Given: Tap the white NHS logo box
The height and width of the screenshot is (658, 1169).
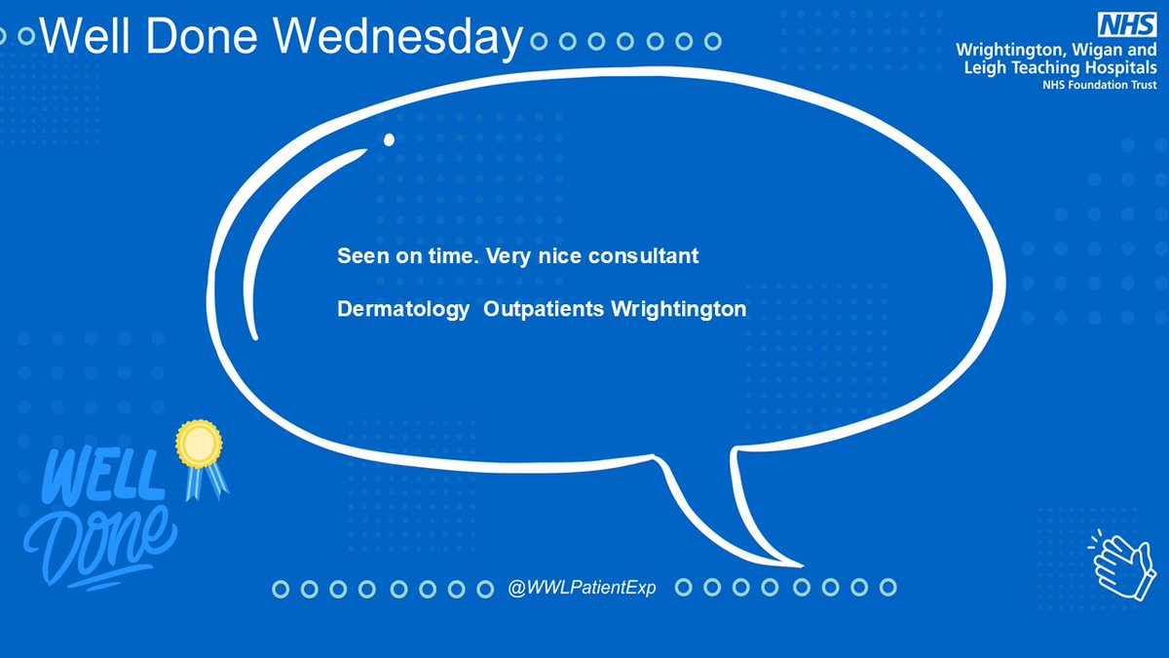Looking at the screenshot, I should click(1126, 24).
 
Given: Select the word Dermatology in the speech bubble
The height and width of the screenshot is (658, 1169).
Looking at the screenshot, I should click(402, 310).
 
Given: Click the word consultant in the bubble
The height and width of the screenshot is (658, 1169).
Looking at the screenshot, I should click(652, 257).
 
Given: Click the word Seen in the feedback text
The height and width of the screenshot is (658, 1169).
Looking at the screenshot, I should click(359, 257).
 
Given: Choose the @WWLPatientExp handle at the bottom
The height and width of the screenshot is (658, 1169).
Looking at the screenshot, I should click(582, 589).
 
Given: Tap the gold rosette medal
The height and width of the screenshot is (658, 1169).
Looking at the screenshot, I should click(198, 444).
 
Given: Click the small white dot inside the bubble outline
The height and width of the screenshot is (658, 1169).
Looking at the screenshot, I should click(389, 139).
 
